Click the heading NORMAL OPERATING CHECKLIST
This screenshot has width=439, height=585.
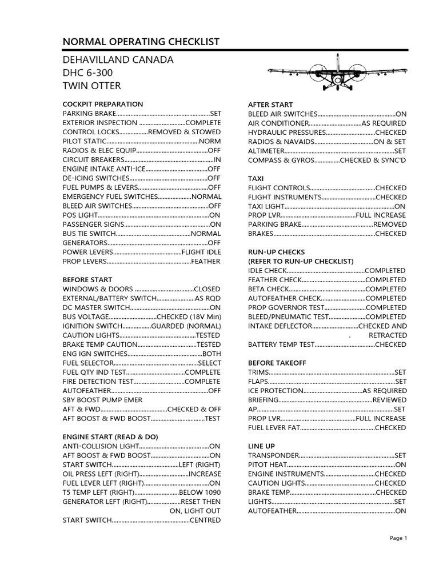pyautogui.click(x=141, y=42)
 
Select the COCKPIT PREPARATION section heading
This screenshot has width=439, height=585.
pyautogui.click(x=103, y=104)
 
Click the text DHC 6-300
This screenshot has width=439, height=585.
pyautogui.click(x=87, y=73)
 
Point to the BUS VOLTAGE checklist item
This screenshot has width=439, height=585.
pyautogui.click(x=86, y=316)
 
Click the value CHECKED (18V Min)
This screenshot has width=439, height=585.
pyautogui.click(x=189, y=316)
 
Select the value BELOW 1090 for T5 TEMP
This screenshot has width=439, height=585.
pyautogui.click(x=200, y=492)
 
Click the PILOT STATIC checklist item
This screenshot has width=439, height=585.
pyautogui.click(x=84, y=141)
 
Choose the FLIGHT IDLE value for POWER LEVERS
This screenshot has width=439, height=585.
pyautogui.click(x=201, y=252)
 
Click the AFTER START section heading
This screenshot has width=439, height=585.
pyautogui.click(x=270, y=105)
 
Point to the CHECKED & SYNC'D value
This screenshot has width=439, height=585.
pyautogui.click(x=373, y=160)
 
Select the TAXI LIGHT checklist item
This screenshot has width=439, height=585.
pyautogui.click(x=266, y=206)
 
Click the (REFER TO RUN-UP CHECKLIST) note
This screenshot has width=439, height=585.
pyautogui.click(x=301, y=261)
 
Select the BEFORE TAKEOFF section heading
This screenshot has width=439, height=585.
pyautogui.click(x=277, y=363)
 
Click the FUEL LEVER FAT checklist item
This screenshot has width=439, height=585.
pyautogui.click(x=273, y=427)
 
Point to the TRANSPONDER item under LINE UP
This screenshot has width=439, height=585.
pyautogui.click(x=273, y=455)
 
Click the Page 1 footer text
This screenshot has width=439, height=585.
pyautogui.click(x=398, y=538)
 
